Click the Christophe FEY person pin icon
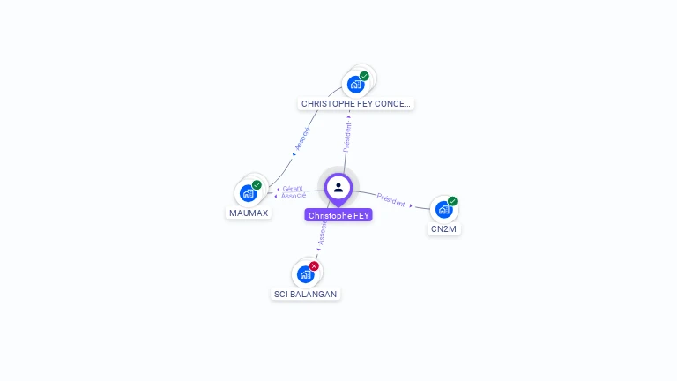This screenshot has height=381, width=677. coord(338,188)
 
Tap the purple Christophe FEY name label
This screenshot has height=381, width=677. coord(339,215)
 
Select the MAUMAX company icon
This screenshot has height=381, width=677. coord(249,193)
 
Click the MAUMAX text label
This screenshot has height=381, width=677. coord(249,213)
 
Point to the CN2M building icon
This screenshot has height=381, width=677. coord(443,209)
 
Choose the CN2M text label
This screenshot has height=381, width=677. coord(444,229)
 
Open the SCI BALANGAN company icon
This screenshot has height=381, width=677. coord(306,273)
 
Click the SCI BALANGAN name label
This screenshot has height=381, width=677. coord(305,294)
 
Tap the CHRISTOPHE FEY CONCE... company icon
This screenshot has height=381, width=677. coord(355,84)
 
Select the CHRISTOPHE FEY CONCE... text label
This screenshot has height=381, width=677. coord(355,104)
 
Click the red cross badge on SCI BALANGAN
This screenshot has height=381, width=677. coord(314,266)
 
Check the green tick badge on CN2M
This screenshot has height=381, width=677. coord(452,201)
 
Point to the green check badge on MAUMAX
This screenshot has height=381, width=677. coord(257,185)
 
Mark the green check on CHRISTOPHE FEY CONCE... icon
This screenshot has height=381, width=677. coord(364,76)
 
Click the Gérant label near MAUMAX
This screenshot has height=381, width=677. coord(293,189)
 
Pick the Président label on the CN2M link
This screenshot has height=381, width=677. coord(391,199)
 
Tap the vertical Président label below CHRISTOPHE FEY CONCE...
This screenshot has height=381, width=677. coord(347,137)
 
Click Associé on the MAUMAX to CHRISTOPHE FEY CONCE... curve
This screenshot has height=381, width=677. coord(301,140)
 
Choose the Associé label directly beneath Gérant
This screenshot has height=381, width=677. coord(294,196)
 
